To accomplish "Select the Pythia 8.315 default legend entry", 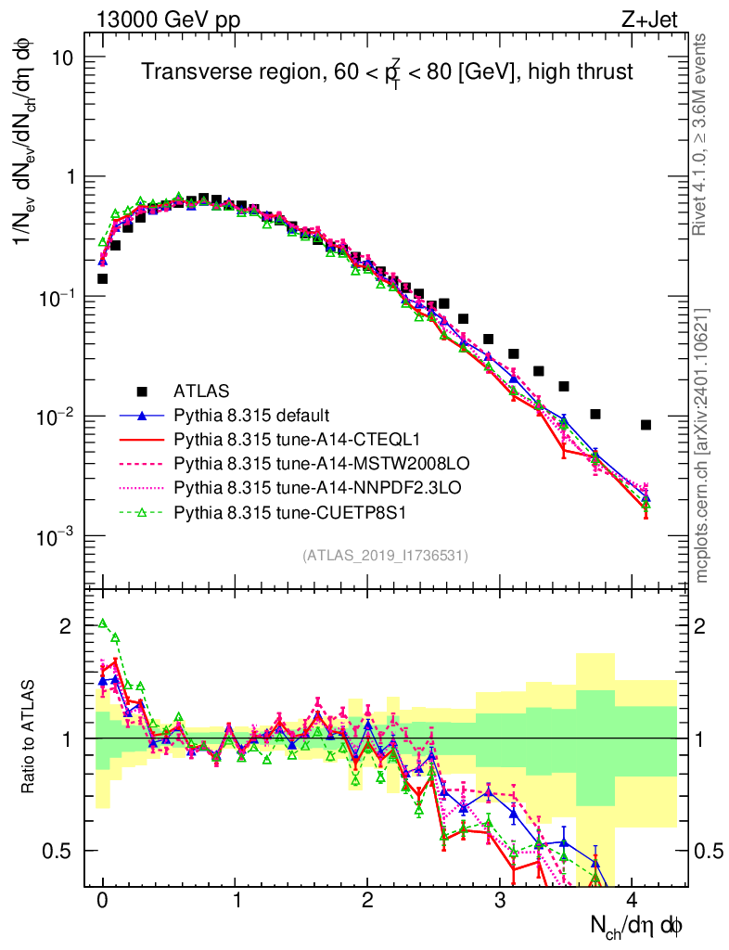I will (x=251, y=414).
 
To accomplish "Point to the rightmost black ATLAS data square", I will (x=646, y=425).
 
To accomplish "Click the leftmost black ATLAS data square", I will (x=102, y=278).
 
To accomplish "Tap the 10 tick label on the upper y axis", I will (x=61, y=58).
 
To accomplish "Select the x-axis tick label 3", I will (x=500, y=901).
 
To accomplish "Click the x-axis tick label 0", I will (x=102, y=901).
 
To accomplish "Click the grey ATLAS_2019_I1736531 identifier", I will (x=385, y=556).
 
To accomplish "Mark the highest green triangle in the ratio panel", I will (x=103, y=623).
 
